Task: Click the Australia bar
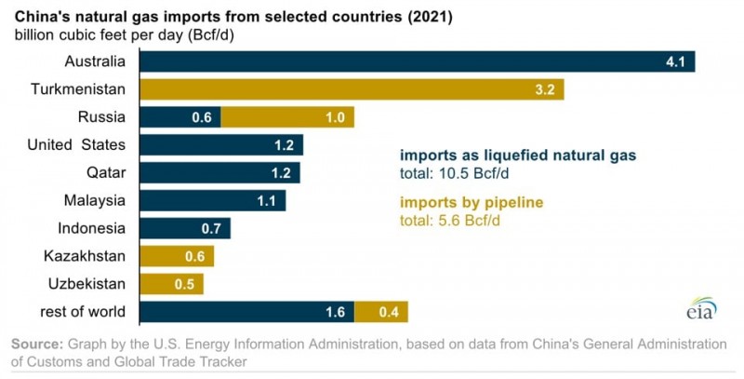pos(417,62)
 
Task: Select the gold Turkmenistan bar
pos(352,89)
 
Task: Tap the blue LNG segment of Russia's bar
pos(180,117)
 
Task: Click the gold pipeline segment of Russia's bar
pos(288,117)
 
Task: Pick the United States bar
pos(221,145)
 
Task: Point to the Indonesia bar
pos(185,229)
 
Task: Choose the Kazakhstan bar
pos(177,256)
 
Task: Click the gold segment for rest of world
pos(380,312)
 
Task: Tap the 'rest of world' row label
pos(81,311)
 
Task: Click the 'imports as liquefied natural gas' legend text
pos(518,156)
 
